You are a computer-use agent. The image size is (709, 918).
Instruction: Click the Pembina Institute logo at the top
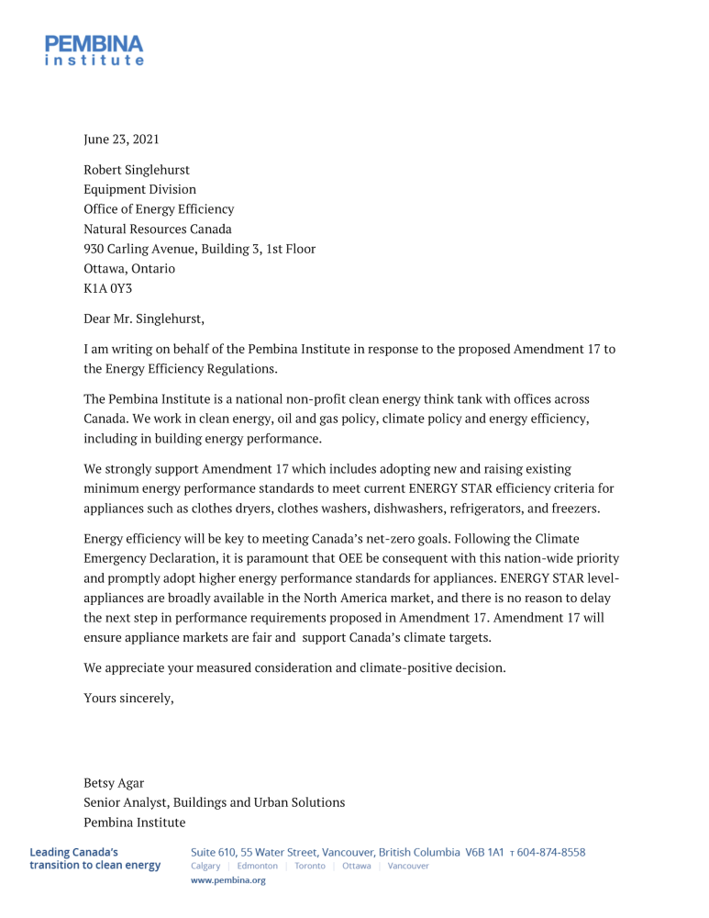94,50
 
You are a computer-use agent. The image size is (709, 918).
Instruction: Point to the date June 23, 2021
121,140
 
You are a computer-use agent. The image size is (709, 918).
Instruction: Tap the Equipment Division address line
139,189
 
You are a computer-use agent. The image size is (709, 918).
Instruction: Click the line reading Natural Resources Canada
158,229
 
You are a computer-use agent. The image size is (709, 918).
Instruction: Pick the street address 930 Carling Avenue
199,249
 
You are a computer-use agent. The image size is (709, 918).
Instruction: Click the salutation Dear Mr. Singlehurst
144,319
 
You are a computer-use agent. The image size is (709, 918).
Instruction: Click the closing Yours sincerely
128,698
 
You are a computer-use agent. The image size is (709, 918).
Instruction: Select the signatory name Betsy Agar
114,783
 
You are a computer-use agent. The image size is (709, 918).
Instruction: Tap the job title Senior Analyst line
214,802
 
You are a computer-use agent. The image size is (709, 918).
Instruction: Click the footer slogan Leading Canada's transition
94,858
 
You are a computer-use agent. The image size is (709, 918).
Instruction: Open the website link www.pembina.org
227,880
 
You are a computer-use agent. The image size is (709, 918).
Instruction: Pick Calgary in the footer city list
205,867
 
